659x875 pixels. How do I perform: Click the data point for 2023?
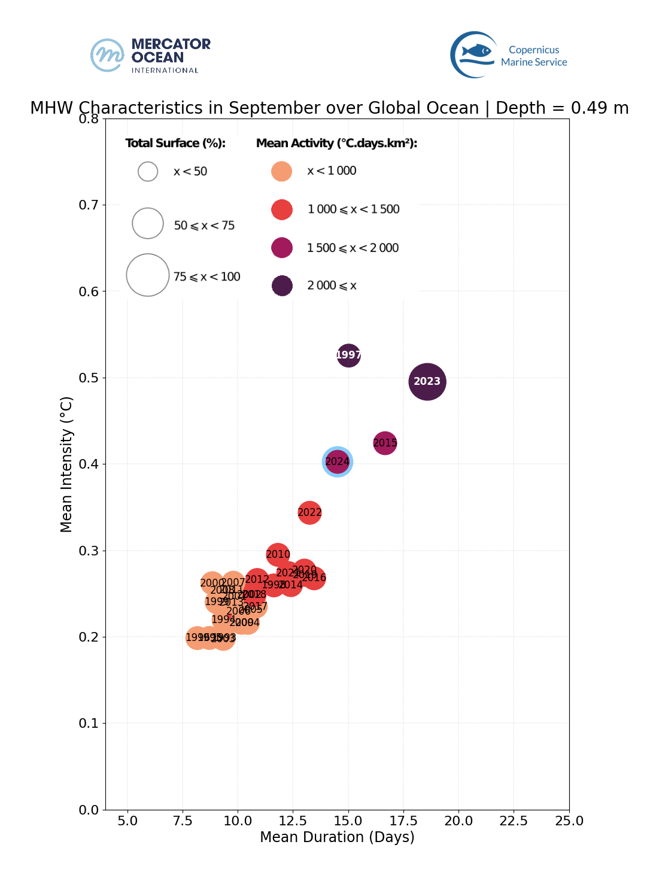pos(427,381)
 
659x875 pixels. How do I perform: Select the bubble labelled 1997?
pos(349,355)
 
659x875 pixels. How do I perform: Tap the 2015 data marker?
pos(385,443)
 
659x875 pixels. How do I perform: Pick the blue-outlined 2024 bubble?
pos(337,461)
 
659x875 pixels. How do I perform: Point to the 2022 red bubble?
pos(309,512)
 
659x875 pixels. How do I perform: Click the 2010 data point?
pos(278,554)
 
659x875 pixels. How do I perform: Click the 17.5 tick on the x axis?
pos(403,821)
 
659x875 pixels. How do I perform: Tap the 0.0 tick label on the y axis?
pos(89,810)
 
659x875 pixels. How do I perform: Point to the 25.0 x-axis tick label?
pos(569,821)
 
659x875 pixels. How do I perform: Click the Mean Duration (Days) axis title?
pos(337,837)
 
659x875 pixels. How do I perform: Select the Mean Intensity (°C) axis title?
pos(66,464)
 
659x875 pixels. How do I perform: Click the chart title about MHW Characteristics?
pos(329,108)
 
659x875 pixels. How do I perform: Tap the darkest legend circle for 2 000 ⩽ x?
pos(282,285)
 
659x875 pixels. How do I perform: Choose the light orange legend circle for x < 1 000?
pos(281,171)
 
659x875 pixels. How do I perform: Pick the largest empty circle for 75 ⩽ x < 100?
pos(148,275)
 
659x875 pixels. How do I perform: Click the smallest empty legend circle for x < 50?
pos(148,171)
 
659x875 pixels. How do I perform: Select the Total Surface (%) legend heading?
pos(175,143)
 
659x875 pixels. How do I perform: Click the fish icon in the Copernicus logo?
pos(476,51)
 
